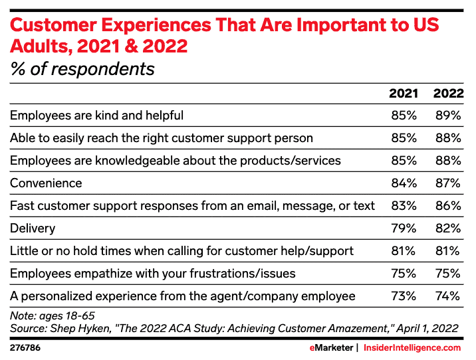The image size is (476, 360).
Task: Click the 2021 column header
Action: (403, 94)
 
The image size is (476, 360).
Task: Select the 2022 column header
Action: (447, 94)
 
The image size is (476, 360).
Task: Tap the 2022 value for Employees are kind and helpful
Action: (447, 116)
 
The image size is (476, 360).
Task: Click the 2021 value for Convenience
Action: (403, 183)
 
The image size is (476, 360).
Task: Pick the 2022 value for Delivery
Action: (447, 228)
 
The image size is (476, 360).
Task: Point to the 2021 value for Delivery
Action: (403, 228)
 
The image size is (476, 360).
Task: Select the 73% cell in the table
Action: (403, 296)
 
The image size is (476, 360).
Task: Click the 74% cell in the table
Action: (447, 296)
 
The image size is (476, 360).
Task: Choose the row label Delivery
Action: (32, 228)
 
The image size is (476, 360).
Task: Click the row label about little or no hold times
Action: (181, 251)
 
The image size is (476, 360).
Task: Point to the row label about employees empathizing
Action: (152, 274)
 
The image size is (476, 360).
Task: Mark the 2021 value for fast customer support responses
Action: (403, 206)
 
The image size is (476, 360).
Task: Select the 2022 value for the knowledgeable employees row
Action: (447, 161)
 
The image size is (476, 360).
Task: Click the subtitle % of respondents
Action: (82, 68)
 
